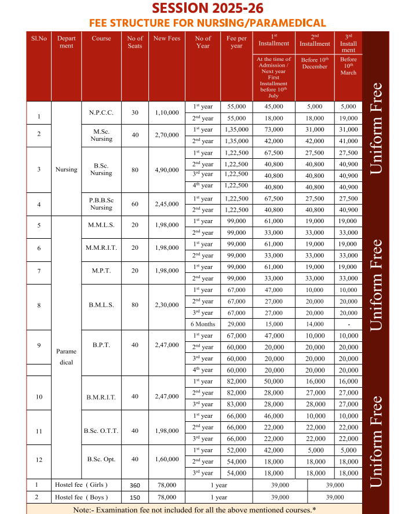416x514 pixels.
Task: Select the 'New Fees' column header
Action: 166,38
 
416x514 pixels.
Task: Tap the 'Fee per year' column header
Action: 236,42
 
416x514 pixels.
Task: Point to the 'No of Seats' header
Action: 135,42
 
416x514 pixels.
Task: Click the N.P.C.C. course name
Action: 101,112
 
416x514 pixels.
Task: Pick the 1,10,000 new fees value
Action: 166,112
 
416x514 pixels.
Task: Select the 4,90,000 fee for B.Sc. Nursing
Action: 166,169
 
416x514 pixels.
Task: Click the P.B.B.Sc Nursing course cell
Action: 101,204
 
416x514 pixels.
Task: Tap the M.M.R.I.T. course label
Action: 101,247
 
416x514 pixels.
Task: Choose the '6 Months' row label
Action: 203,324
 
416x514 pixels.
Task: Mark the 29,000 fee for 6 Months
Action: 236,324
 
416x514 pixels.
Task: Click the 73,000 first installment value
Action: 273,130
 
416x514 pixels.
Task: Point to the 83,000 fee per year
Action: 236,404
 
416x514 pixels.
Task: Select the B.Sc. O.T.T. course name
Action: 101,431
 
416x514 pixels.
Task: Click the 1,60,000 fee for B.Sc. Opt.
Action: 166,459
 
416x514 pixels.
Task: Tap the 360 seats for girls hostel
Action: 135,484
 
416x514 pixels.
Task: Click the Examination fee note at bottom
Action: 195,509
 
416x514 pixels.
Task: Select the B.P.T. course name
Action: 101,345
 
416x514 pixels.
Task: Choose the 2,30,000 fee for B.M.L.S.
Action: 166,304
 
